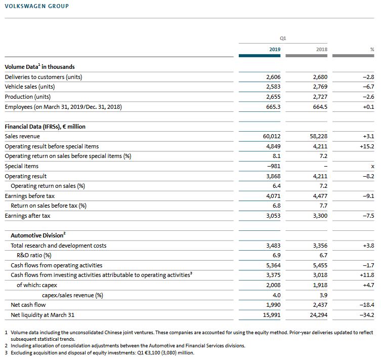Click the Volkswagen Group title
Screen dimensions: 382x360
pos(37,6)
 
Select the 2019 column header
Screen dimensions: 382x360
pos(275,50)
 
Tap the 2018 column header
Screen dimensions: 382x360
pos(322,50)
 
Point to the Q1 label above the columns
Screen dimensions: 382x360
pos(283,38)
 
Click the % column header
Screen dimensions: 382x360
pos(372,50)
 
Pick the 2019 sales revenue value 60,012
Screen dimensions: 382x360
pos(272,136)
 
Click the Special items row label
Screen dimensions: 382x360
pos(22,166)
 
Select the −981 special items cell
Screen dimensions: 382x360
pos(274,166)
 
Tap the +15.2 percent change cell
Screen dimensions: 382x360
pos(367,146)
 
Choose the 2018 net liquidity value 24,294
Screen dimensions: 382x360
pos(319,315)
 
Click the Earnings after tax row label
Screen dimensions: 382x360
pos(27,216)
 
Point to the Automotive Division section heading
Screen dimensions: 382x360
pos(38,235)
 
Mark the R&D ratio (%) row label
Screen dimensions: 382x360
pos(34,255)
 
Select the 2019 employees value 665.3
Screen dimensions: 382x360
pos(273,107)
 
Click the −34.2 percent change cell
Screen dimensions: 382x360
pos(367,315)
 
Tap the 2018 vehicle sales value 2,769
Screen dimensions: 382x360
pos(320,87)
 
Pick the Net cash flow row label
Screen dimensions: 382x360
pos(28,305)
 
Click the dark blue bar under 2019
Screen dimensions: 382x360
pos(260,56)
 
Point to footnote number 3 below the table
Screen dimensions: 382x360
pos(6,353)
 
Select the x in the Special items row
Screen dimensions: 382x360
pos(372,167)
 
